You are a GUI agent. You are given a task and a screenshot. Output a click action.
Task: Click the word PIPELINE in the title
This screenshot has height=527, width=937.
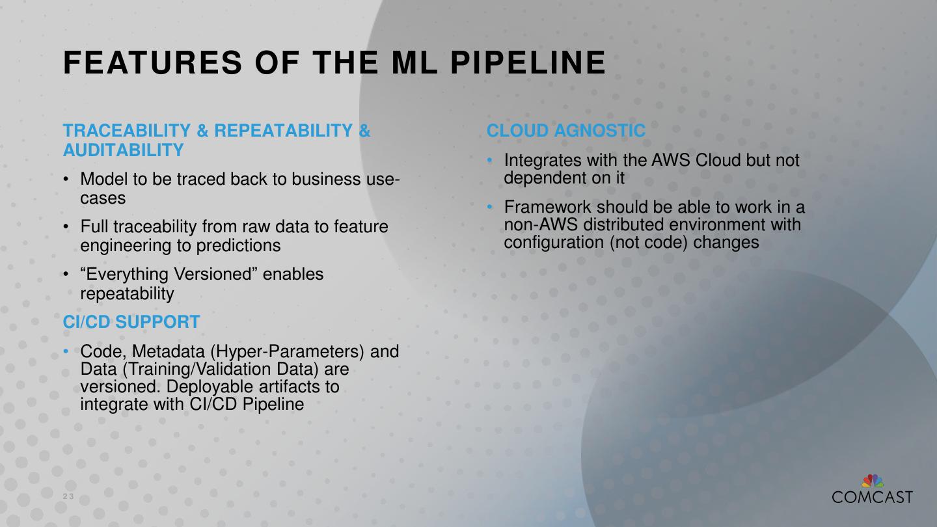(528, 63)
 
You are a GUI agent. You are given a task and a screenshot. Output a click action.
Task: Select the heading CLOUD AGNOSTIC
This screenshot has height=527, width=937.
(566, 131)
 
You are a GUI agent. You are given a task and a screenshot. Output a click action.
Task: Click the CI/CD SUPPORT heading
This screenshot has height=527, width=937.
(131, 322)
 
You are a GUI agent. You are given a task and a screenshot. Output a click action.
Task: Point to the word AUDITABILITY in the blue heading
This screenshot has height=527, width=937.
(124, 150)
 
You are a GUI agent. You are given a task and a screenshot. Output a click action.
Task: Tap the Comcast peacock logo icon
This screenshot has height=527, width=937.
(873, 481)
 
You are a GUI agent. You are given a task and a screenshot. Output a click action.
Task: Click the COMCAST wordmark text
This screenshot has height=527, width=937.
(872, 497)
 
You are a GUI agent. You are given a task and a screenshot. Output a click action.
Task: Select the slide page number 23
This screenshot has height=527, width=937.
(68, 497)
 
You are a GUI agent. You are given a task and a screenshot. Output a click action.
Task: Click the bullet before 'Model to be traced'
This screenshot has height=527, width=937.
(66, 179)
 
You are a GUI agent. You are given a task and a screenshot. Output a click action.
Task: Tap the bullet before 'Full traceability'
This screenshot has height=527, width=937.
(66, 226)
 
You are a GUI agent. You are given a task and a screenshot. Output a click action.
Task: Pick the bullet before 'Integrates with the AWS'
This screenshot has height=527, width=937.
(491, 160)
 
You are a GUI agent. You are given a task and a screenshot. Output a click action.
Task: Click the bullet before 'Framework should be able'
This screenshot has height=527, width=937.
(491, 208)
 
